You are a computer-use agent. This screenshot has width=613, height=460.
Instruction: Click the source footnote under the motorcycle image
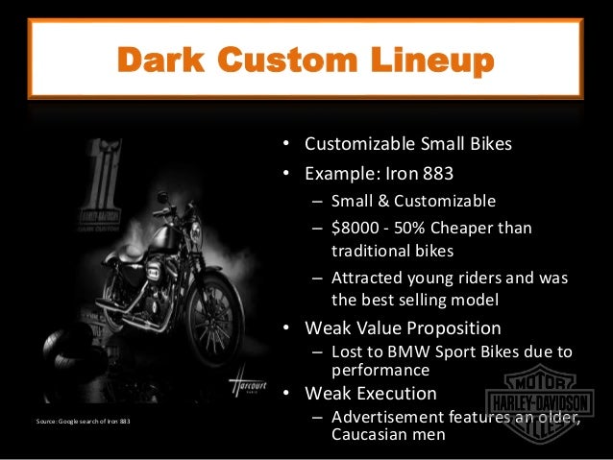pos(82,421)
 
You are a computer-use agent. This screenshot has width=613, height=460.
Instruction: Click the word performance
pos(380,369)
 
